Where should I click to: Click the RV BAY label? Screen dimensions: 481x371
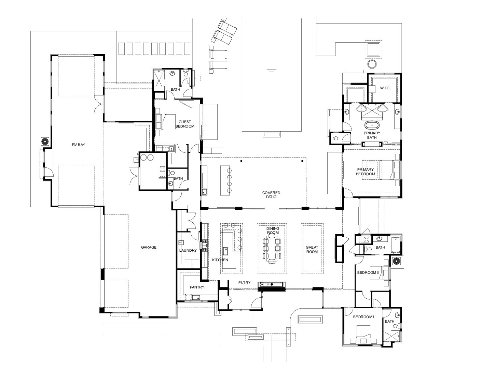78,145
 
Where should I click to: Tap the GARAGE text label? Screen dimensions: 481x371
149,247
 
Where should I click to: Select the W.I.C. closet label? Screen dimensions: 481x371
385,88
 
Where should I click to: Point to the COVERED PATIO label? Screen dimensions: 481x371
271,195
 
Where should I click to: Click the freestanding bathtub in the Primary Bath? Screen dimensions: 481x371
372,125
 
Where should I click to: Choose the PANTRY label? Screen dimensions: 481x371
197,287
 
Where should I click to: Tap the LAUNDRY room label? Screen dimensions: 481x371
188,250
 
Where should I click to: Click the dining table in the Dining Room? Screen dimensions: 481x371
272,249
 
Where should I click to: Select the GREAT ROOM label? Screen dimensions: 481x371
312,250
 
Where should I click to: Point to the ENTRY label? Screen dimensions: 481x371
244,283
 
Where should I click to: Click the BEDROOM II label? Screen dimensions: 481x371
368,273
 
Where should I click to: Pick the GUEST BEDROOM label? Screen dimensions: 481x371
185,124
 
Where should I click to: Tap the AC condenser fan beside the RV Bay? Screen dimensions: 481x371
45,142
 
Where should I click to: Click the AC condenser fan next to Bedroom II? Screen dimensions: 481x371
396,262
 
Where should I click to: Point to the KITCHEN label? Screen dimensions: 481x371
220,260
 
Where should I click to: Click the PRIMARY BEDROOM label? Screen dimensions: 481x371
366,172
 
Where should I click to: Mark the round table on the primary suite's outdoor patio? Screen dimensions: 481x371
372,64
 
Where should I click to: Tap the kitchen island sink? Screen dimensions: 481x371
225,251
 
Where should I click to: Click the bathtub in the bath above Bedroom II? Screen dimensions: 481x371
396,244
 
